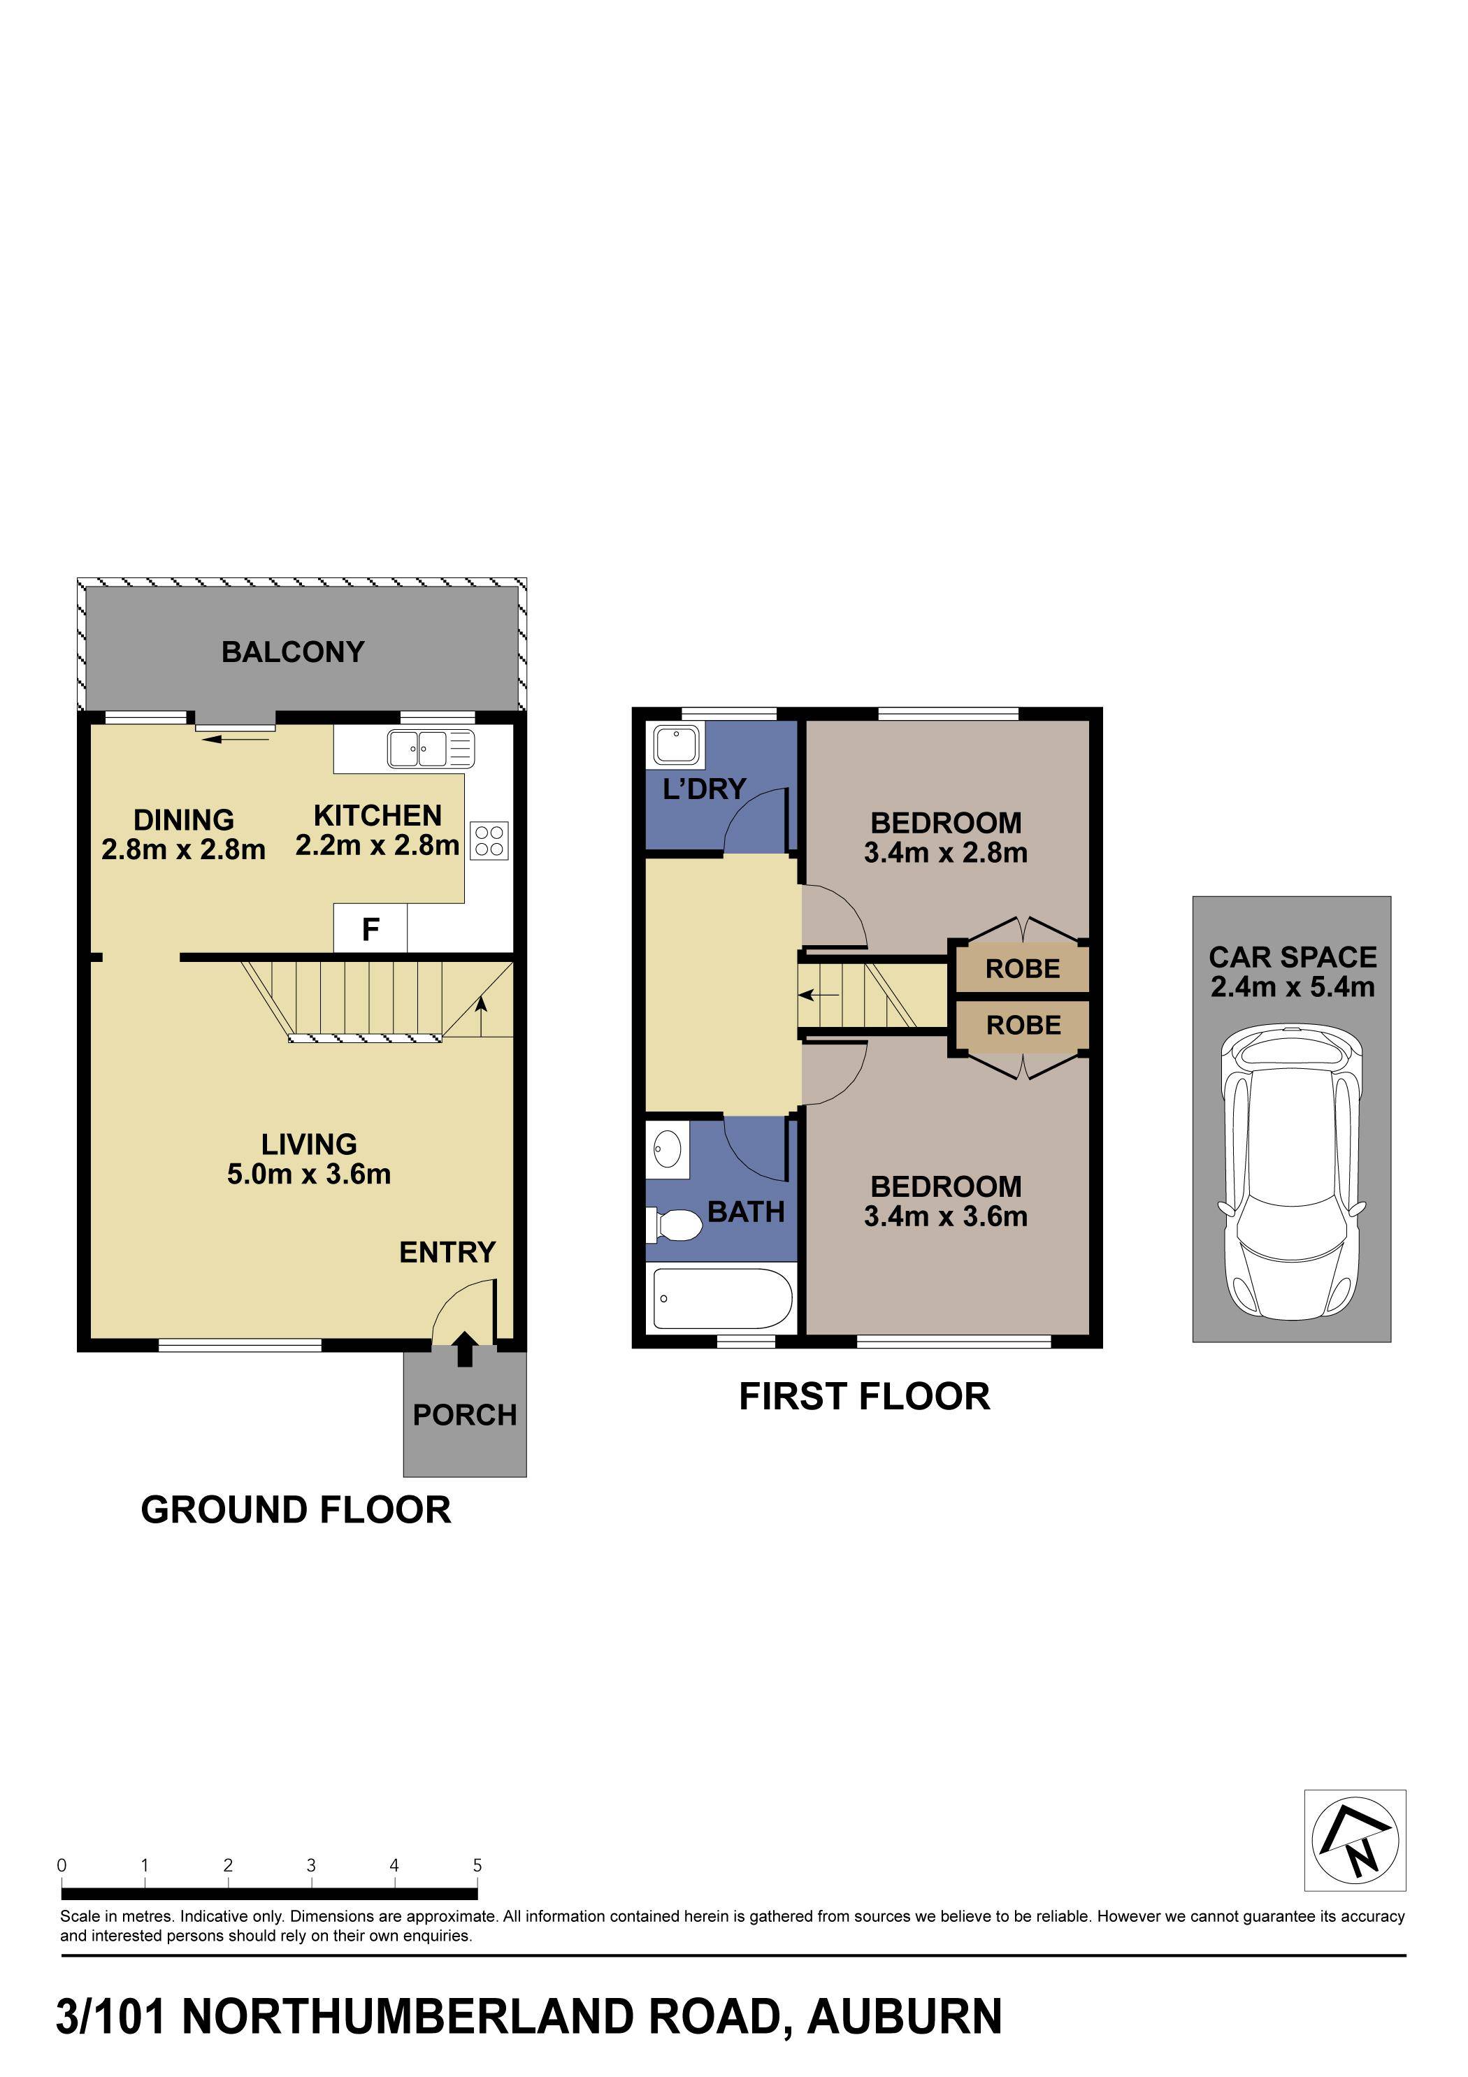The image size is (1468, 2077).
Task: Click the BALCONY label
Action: click(292, 652)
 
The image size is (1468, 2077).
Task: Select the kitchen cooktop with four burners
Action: click(489, 840)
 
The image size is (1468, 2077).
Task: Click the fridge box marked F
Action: click(370, 929)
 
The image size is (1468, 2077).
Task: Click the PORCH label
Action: click(464, 1415)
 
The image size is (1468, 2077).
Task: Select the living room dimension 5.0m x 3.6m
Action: click(308, 1174)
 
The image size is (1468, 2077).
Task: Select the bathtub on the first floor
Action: click(722, 1298)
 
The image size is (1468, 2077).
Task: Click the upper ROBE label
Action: click(1022, 969)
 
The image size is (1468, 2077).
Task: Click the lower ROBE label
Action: click(1023, 1025)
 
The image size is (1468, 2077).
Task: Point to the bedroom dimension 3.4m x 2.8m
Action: click(945, 853)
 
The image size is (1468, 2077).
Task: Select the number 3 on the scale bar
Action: click(311, 1865)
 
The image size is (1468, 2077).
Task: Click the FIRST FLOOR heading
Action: click(864, 1397)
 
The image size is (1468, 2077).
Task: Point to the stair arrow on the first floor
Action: click(819, 996)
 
